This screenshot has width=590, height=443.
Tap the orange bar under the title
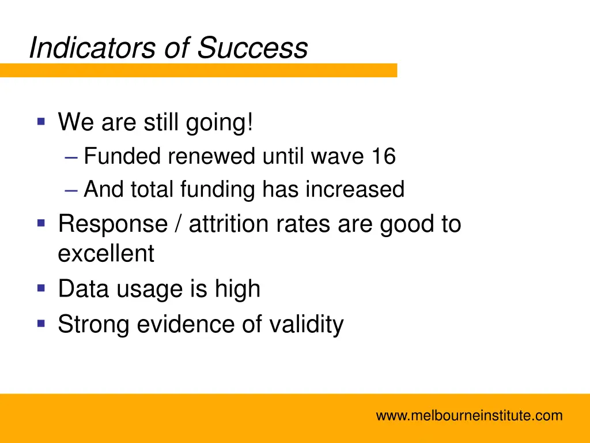[x=198, y=70]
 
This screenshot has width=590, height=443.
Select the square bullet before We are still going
[x=41, y=122]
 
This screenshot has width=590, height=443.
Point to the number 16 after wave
[x=383, y=156]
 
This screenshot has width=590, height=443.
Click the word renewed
[x=212, y=156]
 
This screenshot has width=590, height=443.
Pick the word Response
[x=112, y=224]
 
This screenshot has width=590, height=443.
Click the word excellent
[x=106, y=253]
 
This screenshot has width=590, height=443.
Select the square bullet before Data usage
[x=41, y=287]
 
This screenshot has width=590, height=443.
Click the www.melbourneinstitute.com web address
[x=469, y=415]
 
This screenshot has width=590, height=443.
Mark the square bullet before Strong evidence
[x=41, y=323]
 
